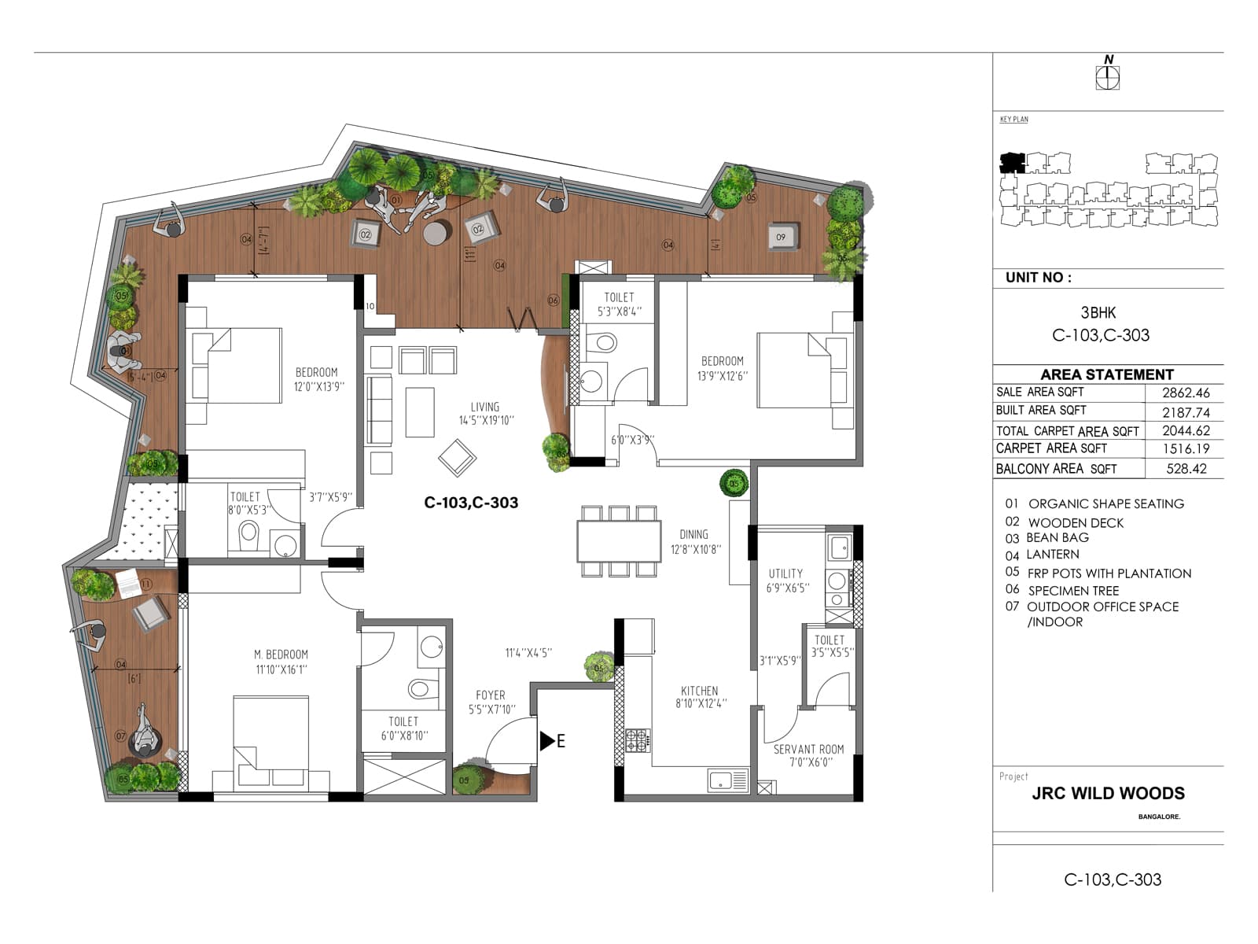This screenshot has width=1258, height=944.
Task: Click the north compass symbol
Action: coord(1108,76)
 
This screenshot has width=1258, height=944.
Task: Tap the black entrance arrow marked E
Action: coord(547,740)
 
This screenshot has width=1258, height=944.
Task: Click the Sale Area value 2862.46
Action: coord(1186,393)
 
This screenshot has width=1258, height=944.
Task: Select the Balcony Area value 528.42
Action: coord(1186,469)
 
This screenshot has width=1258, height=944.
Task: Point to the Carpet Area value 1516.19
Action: coord(1186,449)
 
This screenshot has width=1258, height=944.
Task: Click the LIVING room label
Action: coord(485,407)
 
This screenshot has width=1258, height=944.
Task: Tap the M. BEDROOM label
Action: coord(281,655)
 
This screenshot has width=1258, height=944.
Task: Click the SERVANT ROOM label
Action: coord(808,749)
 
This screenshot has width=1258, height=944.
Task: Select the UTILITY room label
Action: coord(785,573)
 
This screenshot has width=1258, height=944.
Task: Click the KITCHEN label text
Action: coord(699,691)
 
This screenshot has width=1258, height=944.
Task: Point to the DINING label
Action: coord(693,534)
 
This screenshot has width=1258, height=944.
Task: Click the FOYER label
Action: coord(491,695)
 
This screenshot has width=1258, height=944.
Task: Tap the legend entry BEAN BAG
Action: coord(1058,538)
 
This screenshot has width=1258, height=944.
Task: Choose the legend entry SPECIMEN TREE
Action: coord(1072,591)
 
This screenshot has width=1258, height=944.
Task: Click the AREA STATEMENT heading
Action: coord(1106,374)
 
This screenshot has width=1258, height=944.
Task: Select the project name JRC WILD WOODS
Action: coord(1108,793)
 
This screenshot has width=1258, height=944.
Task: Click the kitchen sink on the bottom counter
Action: coord(728,780)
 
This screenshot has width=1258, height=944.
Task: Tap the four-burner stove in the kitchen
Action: coord(637,739)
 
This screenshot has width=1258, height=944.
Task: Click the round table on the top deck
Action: coord(437,233)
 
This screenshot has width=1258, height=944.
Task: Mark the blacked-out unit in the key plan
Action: coord(1012,164)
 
